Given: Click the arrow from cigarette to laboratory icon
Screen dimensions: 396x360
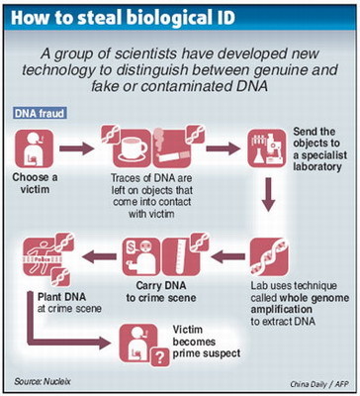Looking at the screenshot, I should [226, 148].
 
